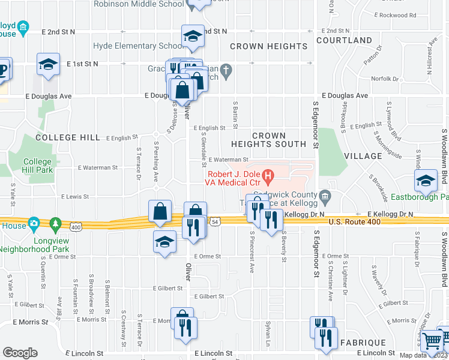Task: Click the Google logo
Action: [20, 353]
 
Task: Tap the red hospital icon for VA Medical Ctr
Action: [268, 176]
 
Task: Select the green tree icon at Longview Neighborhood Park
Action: [55, 224]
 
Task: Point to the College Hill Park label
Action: [38, 166]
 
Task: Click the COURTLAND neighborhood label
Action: [344, 40]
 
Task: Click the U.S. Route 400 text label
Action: [354, 223]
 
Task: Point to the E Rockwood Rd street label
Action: [394, 15]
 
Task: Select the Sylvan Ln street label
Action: [268, 334]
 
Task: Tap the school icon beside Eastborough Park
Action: [426, 180]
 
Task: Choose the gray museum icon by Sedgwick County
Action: [325, 196]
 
